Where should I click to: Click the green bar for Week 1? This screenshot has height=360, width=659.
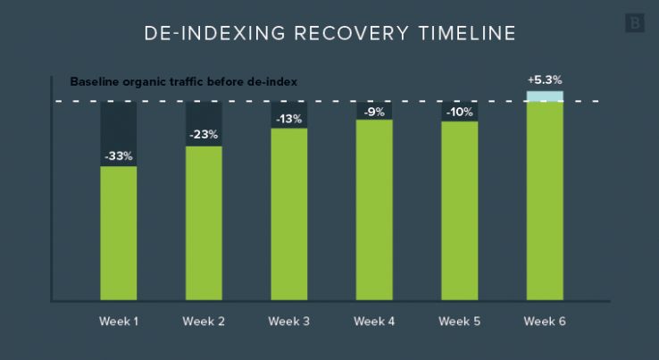click(118, 234)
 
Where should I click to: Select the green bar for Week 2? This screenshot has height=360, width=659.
click(204, 223)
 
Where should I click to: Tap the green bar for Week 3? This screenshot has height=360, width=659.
click(289, 214)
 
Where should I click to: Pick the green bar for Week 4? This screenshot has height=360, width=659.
click(374, 210)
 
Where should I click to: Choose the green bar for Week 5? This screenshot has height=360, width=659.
click(460, 211)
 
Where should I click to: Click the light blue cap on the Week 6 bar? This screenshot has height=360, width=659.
click(545, 96)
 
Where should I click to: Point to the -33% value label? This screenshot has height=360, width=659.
click(118, 155)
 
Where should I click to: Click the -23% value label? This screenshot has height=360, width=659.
click(204, 135)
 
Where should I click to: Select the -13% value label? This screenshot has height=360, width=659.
click(289, 118)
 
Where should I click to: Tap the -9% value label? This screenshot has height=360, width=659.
click(374, 112)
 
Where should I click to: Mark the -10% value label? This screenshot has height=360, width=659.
click(460, 112)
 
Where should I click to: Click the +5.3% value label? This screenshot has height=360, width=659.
click(545, 80)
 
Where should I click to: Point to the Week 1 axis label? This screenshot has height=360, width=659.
click(118, 321)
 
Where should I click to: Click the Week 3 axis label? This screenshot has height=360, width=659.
click(289, 321)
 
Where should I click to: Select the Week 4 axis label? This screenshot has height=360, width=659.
click(374, 321)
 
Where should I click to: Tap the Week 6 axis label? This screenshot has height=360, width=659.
click(545, 321)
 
